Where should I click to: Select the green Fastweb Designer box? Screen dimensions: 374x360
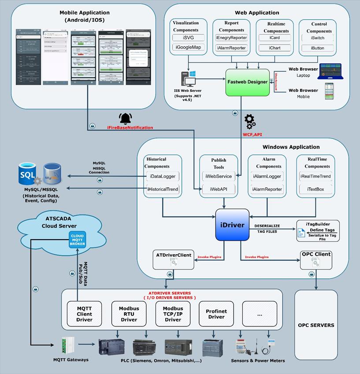coord(247,81)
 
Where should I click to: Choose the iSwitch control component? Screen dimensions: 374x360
coord(317,38)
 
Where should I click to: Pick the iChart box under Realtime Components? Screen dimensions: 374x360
coord(275,48)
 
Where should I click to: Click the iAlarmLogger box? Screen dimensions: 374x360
coord(267,177)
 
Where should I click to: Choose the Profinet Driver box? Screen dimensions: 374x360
coord(215,314)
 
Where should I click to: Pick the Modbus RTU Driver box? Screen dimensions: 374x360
coord(129,314)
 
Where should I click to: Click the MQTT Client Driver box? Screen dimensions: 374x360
coord(84,314)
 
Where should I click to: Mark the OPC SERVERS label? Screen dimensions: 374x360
coord(315,326)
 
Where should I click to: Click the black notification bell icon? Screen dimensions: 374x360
coord(126,118)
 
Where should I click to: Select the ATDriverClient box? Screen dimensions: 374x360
coord(174,259)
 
